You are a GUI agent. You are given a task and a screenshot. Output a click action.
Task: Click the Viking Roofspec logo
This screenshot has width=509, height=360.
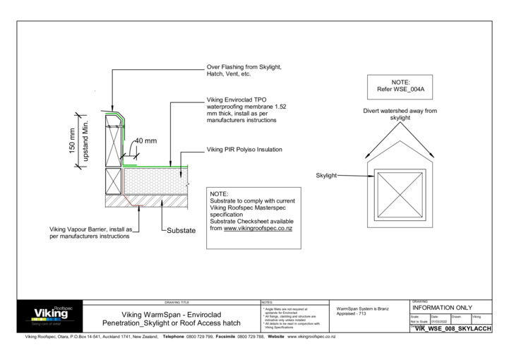tap(50, 314)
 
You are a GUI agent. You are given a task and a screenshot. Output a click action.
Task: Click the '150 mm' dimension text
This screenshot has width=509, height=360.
tap(72, 138)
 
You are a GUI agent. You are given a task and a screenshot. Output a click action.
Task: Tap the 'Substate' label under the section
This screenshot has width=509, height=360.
tap(181, 230)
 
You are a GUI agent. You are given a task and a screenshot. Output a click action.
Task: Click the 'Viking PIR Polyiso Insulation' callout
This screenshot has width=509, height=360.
tap(244, 150)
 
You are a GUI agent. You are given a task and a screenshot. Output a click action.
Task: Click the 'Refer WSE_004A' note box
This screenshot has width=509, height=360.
tap(400, 87)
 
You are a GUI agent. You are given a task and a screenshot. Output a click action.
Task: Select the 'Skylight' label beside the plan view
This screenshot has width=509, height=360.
tap(325, 174)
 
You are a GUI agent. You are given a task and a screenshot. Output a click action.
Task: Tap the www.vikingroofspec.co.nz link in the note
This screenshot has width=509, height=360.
tap(258, 229)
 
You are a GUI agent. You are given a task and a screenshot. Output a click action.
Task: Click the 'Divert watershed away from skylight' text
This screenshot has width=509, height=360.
tap(400, 114)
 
